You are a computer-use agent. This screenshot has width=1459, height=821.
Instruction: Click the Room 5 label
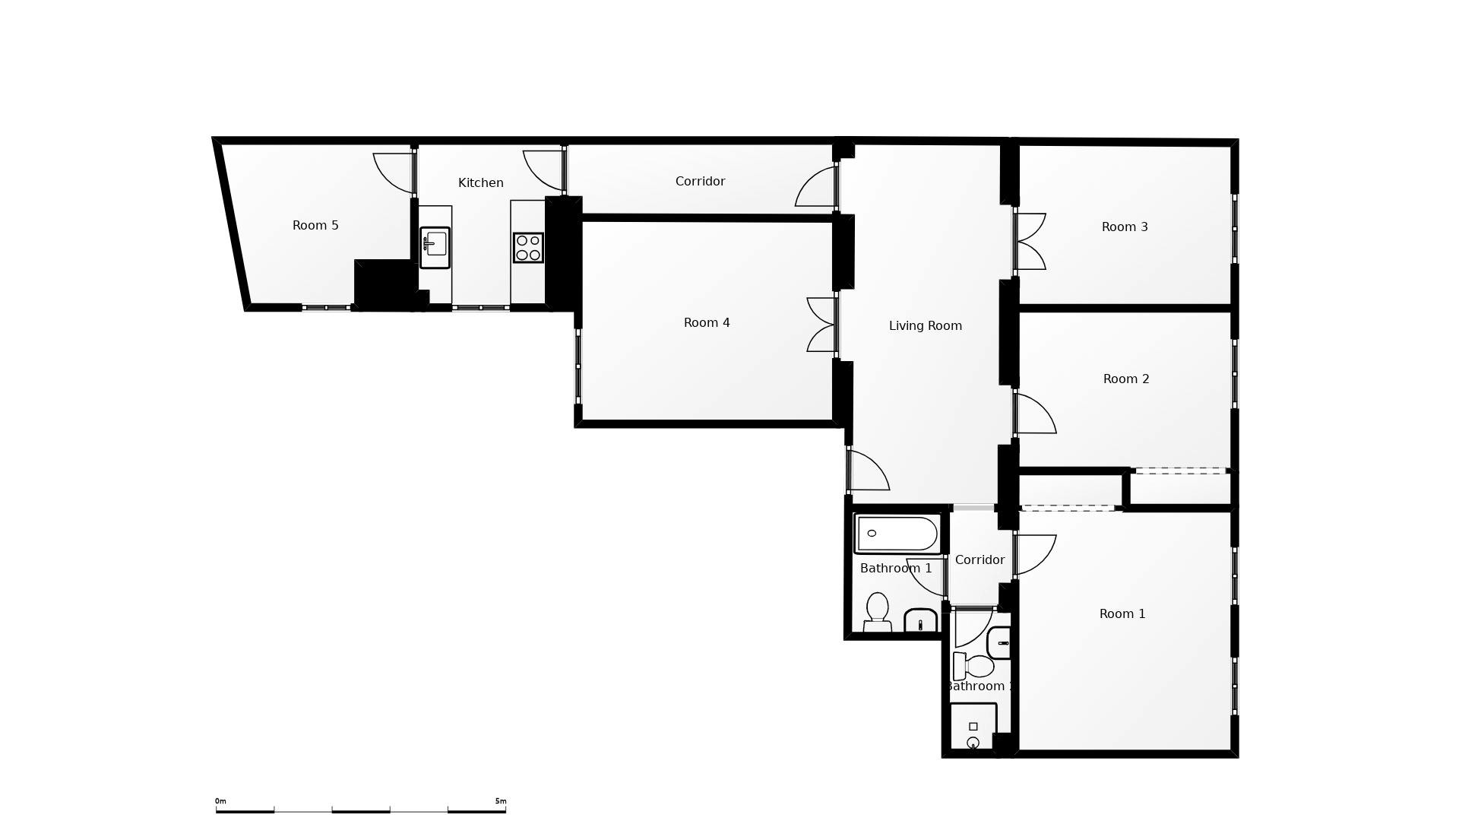[315, 226]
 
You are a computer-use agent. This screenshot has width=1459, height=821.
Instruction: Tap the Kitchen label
[480, 183]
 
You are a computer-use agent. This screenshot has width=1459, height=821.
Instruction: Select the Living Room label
[925, 326]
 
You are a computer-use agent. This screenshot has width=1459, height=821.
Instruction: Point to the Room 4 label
[707, 323]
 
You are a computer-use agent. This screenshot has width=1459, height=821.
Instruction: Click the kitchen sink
[435, 247]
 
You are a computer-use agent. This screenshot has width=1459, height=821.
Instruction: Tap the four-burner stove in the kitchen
[528, 248]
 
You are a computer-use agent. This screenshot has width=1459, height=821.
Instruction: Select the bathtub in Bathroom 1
[897, 534]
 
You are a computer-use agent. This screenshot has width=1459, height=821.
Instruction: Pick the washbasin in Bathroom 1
[921, 620]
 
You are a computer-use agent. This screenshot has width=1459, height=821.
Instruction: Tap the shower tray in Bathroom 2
[973, 727]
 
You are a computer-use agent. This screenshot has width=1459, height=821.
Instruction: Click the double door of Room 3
[1031, 242]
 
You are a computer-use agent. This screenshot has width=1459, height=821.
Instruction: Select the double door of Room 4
[821, 325]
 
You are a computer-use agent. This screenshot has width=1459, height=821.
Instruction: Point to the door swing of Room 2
[1035, 414]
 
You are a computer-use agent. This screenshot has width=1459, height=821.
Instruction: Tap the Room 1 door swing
[1035, 554]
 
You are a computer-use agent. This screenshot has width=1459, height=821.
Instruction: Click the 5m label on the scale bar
[500, 801]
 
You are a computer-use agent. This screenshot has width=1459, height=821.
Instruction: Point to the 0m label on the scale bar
[220, 801]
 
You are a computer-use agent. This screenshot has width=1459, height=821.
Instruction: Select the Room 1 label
[1122, 614]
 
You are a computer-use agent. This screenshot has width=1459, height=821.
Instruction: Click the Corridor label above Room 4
[700, 182]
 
